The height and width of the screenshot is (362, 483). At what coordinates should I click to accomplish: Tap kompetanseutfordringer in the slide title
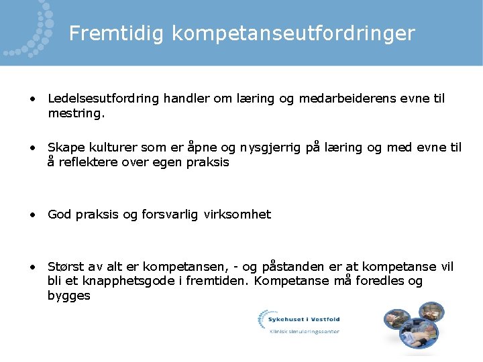(x=292, y=33)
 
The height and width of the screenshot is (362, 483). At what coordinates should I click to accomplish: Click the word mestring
(x=76, y=113)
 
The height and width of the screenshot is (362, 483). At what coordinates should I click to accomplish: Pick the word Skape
(x=64, y=147)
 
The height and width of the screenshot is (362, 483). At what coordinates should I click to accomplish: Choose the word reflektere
(x=89, y=162)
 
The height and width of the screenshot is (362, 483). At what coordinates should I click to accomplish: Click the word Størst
(x=66, y=267)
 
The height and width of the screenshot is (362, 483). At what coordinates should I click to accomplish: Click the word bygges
(x=68, y=296)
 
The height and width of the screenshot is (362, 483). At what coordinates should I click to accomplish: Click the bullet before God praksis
(x=32, y=215)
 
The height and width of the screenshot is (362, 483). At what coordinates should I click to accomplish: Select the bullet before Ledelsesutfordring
(x=32, y=99)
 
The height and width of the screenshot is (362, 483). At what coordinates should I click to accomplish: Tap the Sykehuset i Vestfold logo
(x=299, y=321)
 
